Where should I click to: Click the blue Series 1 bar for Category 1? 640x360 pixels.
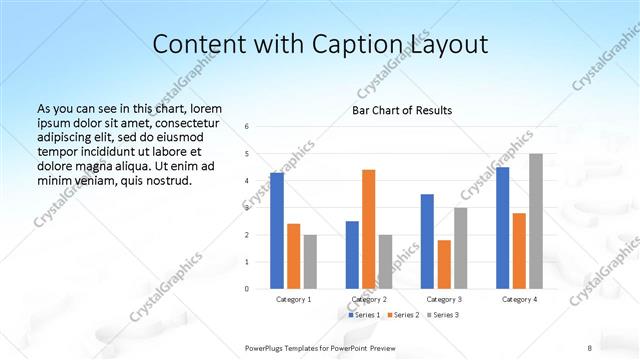[277, 231]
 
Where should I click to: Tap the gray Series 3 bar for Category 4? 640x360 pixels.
[536, 221]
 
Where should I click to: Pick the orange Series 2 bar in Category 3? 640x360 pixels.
[444, 264]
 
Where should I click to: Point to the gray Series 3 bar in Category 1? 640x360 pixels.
[310, 261]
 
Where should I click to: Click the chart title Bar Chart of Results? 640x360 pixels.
[402, 110]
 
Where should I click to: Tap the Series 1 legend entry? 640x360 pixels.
[363, 315]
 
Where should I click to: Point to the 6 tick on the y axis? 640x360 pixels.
[247, 127]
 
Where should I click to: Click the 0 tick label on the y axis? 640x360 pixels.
[247, 289]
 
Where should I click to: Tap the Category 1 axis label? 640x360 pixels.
[294, 299]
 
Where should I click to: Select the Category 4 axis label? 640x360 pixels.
[519, 299]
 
